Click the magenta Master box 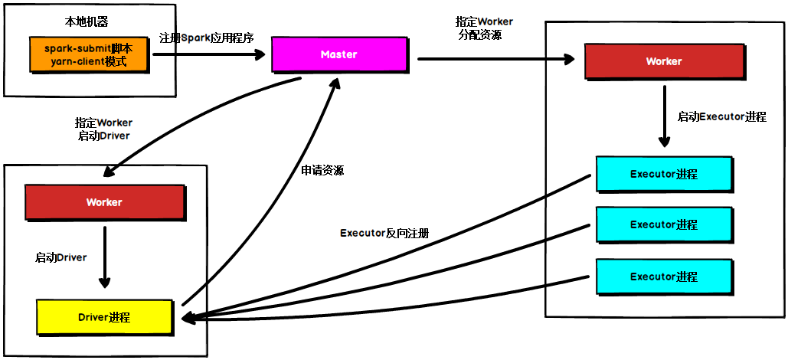(338, 55)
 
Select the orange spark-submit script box (88, 55)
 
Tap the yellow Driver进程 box (104, 317)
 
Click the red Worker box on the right (663, 61)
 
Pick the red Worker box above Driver (104, 202)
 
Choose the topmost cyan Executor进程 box (663, 174)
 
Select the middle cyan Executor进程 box (663, 224)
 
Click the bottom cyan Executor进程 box (663, 276)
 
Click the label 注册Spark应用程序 (205, 38)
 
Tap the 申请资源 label (322, 170)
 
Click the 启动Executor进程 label (721, 117)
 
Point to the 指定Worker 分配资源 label (484, 28)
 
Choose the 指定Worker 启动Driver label (103, 129)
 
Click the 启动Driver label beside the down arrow (60, 257)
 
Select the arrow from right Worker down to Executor (664, 115)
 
